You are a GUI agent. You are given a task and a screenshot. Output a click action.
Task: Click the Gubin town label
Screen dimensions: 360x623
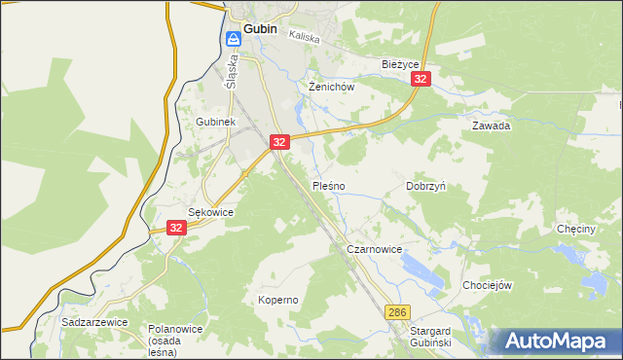pos(260,28)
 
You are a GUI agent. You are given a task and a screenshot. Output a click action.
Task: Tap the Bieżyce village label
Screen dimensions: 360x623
pos(399,64)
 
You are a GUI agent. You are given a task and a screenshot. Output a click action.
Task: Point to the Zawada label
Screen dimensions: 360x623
pos(492,126)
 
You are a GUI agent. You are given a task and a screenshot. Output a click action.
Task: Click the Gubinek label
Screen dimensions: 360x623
pos(215,122)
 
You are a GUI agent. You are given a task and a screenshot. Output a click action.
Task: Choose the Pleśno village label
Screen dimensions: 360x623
pos(328,185)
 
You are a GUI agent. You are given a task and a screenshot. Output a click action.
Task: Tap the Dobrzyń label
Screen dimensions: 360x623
pos(425,185)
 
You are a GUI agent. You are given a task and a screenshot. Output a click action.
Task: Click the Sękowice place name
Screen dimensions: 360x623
pos(210,211)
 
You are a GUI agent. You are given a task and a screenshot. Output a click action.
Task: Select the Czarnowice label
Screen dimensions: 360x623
pos(375,249)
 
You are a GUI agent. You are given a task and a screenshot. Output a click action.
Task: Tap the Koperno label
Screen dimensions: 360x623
pos(277,300)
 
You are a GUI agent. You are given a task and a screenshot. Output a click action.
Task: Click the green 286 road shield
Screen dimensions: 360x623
pos(396,312)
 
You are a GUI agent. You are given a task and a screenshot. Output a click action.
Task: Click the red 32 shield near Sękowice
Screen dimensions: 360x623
pos(175,227)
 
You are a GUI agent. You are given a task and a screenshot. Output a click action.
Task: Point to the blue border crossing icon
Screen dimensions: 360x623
pos(234,40)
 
